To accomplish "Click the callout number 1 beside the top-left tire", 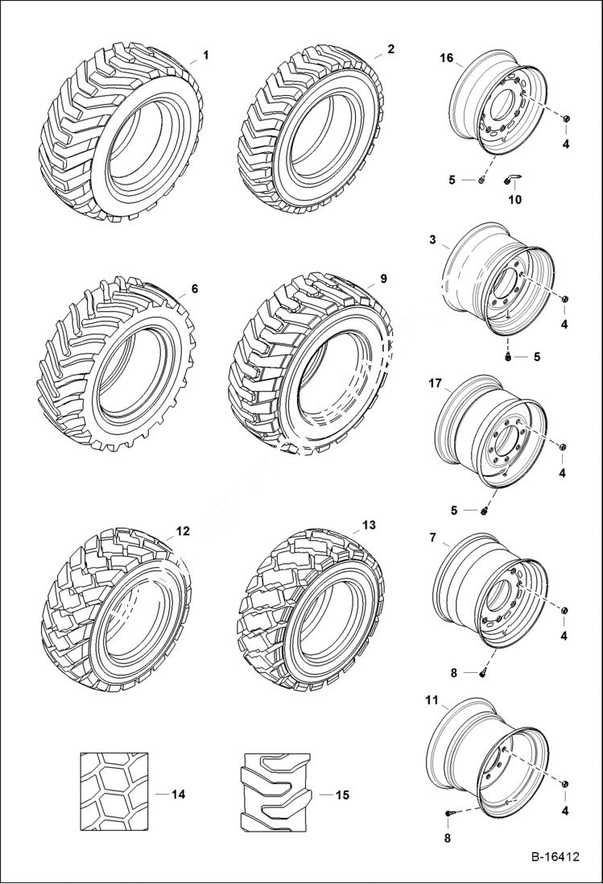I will tap(205, 55).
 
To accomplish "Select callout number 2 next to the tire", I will tap(390, 49).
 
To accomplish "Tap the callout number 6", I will tap(194, 288).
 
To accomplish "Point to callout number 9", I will tap(383, 279).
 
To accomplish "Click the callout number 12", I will tap(183, 531).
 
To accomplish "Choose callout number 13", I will tap(369, 525).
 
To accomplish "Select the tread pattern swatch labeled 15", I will tap(274, 793).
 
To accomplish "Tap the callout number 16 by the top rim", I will tap(447, 58).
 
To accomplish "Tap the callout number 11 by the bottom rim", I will tap(432, 701).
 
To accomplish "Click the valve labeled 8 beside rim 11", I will tap(451, 816).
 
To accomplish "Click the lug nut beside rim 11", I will tap(564, 785).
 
